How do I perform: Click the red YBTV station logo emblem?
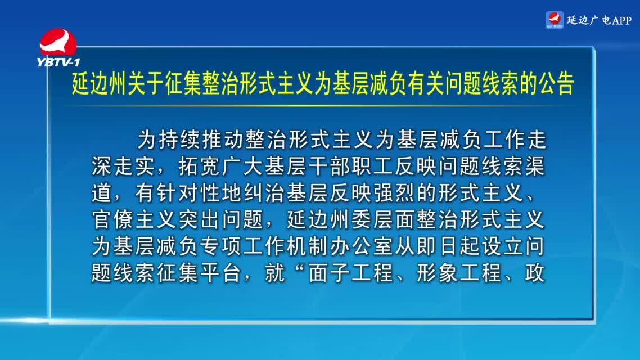(x=58, y=42)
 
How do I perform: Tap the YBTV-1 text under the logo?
(x=58, y=62)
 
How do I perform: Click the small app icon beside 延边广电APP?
(x=555, y=20)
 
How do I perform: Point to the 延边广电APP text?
(x=599, y=20)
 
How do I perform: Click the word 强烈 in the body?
(x=395, y=192)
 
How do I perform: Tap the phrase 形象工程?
(x=459, y=273)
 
